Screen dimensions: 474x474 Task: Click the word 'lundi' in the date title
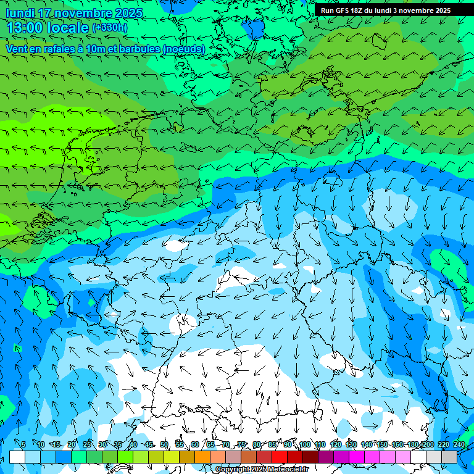pyautogui.click(x=20, y=13)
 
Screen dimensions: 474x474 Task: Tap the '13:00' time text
pyautogui.click(x=24, y=28)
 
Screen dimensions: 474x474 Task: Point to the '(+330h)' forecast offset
pyautogui.click(x=109, y=28)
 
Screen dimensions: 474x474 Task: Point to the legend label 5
pyautogui.click(x=23, y=445)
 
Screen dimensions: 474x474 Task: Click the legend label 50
pyautogui.click(x=164, y=445)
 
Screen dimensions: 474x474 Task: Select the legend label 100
pyautogui.click(x=304, y=445)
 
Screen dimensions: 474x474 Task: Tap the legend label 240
pyautogui.click(x=459, y=445)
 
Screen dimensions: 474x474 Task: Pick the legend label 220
pyautogui.click(x=443, y=445)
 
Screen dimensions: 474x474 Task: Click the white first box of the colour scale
pyautogui.click(x=17, y=457)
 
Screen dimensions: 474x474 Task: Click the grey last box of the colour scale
pyautogui.click(x=449, y=457)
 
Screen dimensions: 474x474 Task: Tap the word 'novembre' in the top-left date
pyautogui.click(x=87, y=13)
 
